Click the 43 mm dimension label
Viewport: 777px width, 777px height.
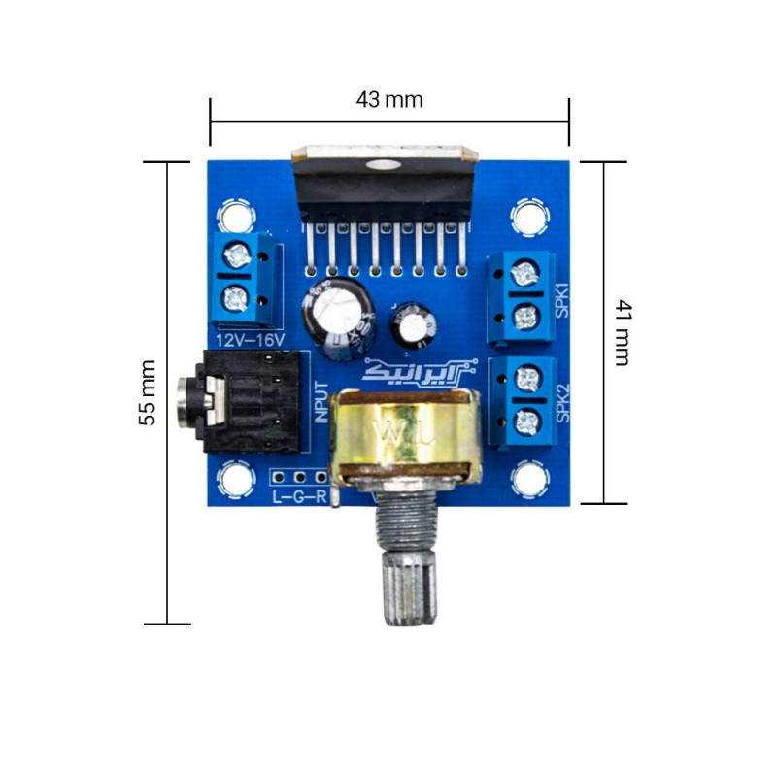(389, 99)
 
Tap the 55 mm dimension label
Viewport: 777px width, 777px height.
(147, 392)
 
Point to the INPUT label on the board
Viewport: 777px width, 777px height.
(322, 400)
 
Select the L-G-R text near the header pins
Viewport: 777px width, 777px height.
(298, 499)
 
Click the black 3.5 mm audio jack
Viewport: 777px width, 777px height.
(243, 400)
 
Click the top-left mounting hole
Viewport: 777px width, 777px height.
(234, 215)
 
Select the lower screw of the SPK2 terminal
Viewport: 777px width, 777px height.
(526, 420)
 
